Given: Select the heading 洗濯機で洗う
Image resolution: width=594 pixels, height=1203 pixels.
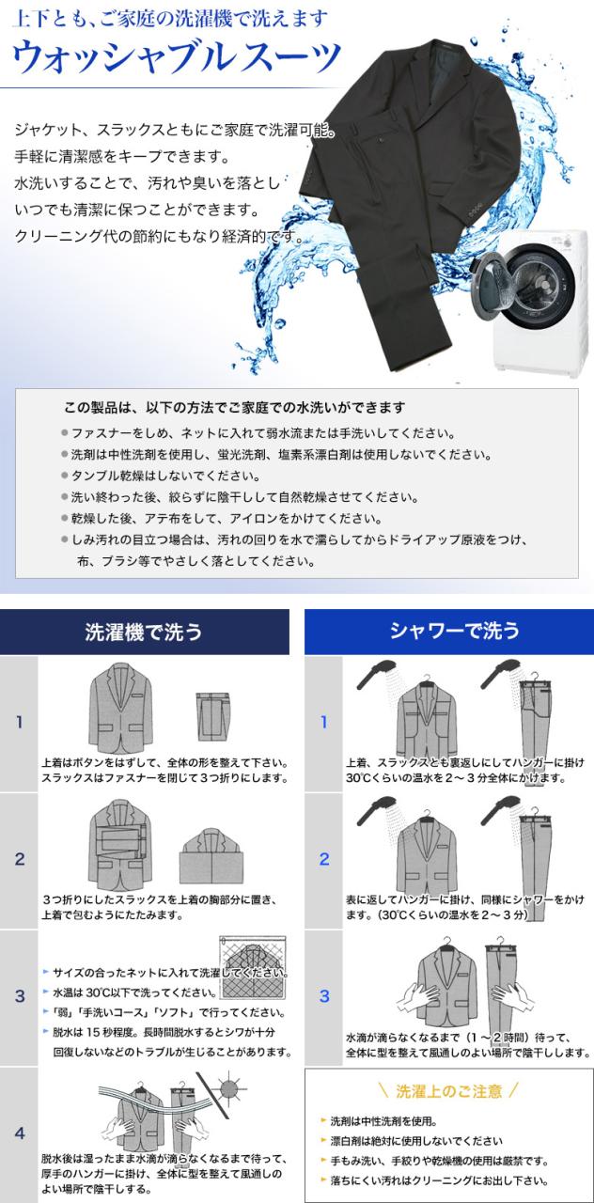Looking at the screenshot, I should coord(144,631).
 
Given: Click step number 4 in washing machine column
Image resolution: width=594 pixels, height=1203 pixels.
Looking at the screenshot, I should coord(18,1133).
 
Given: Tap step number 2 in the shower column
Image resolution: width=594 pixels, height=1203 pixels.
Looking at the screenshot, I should coord(324,859).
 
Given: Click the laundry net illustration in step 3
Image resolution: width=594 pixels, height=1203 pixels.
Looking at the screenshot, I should coord(251,968).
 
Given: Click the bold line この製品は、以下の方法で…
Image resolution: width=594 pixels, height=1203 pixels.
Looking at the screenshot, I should coord(234,408).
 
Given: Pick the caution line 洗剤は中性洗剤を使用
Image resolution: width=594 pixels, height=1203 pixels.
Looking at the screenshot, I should coord(386,1121).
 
